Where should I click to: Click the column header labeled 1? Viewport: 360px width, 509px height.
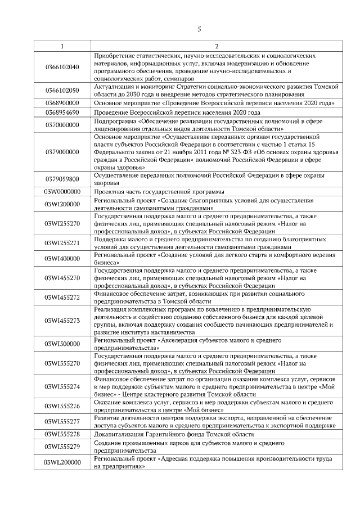[62, 46]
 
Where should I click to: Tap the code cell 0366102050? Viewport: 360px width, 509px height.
[62, 90]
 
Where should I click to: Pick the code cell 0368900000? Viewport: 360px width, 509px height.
[62, 103]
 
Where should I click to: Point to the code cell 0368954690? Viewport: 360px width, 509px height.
[62, 113]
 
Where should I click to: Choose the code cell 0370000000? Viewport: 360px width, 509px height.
[62, 124]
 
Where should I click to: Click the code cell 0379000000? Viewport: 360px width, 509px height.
[62, 152]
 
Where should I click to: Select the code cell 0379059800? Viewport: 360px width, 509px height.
[62, 179]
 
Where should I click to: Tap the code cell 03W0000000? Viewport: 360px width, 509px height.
[62, 191]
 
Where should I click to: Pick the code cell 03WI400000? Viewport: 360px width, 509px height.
[62, 258]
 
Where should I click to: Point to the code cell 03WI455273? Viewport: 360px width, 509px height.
[62, 321]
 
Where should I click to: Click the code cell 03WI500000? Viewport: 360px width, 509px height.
[62, 344]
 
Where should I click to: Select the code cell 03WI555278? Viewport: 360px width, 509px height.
[62, 435]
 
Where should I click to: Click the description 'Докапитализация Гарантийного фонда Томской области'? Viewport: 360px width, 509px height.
[174, 435]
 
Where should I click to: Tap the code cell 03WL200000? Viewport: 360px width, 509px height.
[62, 462]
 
